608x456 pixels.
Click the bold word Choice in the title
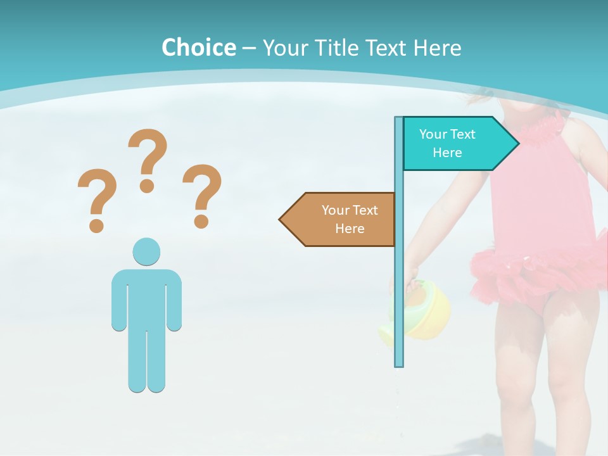coord(198,47)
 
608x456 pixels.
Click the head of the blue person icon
coord(146,252)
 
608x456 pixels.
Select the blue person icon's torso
coord(146,298)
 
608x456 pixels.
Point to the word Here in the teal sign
coord(447,153)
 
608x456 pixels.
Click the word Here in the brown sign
coord(350,229)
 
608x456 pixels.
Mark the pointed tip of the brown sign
coord(281,219)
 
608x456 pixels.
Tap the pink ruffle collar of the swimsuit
coord(538,130)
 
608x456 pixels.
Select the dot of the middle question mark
coord(147,185)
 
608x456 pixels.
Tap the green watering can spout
coord(387,332)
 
